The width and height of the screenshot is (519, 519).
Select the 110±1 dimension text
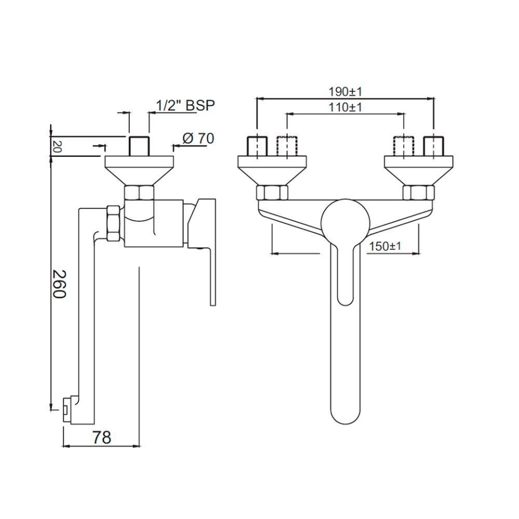click(x=345, y=107)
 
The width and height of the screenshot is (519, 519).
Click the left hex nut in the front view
click(x=272, y=192)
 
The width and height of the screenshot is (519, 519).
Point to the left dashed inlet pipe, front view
click(x=287, y=147)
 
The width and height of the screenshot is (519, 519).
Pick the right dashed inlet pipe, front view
click(x=404, y=147)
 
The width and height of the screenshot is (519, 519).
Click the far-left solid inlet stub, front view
click(x=257, y=147)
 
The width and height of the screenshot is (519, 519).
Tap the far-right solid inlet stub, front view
click(x=434, y=147)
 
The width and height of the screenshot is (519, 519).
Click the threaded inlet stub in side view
click(x=139, y=146)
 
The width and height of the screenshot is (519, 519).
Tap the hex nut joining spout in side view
click(x=113, y=223)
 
